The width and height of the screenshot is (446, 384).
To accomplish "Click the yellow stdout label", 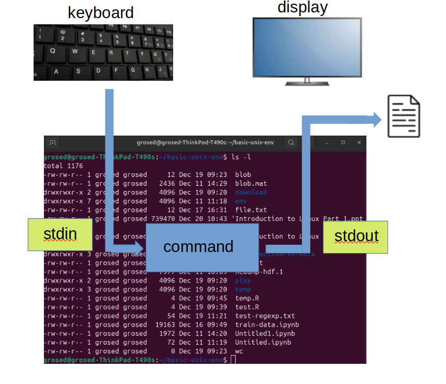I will pos(356,237).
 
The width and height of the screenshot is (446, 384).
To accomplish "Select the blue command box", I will pos(198,247).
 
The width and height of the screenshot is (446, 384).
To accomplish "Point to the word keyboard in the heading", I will pos(101,12).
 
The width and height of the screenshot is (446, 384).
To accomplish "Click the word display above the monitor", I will pos(302,7).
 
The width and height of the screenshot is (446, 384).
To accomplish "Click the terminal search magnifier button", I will pos(291,142).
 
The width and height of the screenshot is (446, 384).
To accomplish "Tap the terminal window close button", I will pos(357,142).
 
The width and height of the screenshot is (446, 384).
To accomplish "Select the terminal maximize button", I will pos(343,142).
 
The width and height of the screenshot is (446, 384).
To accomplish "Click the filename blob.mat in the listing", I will pos(251,183).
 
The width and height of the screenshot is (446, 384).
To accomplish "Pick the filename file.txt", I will pos(251,210).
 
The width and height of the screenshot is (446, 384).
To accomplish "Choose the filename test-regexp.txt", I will pos(265,316).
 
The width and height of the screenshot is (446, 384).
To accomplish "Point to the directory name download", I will pos(251,192).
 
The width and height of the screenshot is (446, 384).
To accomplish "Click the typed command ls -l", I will pos(241,157).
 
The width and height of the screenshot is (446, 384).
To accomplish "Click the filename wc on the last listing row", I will pos(239,351).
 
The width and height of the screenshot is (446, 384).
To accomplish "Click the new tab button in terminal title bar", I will pos(52,142).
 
